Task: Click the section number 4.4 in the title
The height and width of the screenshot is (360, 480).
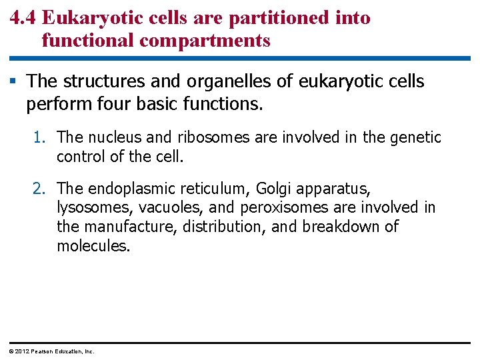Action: point(23,18)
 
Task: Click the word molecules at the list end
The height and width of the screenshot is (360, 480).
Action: point(92,247)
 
